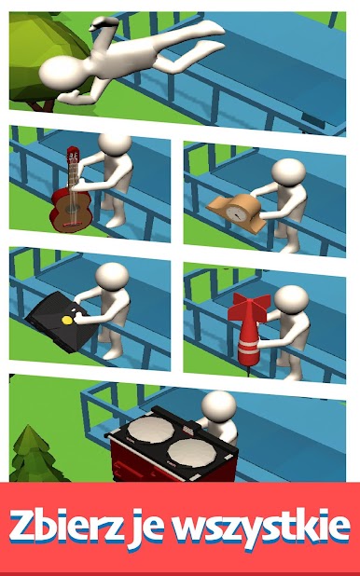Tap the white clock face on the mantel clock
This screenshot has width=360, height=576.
[x=234, y=213]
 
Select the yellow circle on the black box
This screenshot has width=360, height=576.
[x=67, y=320]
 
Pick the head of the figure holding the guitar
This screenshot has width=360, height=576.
[x=115, y=144]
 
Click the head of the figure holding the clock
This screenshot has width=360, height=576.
[x=289, y=172]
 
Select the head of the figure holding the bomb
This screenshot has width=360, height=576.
[x=291, y=300]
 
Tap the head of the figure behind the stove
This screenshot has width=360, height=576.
[x=219, y=405]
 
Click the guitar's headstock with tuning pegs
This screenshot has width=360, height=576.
[x=73, y=159]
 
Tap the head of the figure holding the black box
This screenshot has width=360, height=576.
[x=112, y=276]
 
